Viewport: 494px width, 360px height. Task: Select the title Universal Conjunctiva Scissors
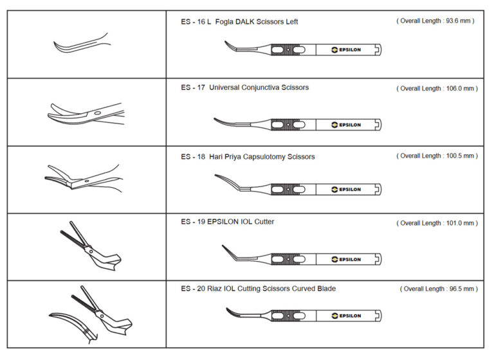(259, 87)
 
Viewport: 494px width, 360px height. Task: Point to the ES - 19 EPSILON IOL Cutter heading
(228, 222)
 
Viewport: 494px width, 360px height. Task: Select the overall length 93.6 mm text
(435, 21)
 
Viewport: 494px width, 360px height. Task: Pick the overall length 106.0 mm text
(437, 89)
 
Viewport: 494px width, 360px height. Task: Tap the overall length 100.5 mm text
(437, 156)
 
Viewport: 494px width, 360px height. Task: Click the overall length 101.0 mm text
(437, 223)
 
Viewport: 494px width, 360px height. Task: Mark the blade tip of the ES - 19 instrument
(223, 246)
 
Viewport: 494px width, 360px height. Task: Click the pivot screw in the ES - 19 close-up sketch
(91, 249)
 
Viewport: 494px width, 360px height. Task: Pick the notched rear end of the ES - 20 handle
(378, 316)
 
